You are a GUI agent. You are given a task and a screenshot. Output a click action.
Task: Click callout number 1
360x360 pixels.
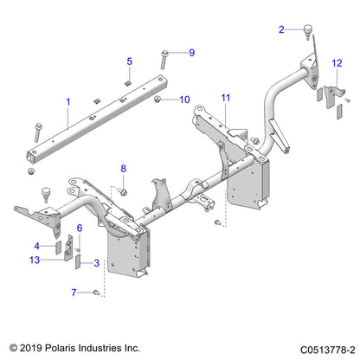coord(67,102)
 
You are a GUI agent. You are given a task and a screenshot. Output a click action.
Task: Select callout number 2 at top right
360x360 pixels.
coord(281,29)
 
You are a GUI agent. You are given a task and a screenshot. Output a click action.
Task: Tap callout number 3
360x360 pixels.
coord(97,263)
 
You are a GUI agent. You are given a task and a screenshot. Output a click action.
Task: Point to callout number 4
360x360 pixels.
coord(61,246)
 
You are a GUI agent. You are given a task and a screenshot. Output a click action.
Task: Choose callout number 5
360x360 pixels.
coord(130,61)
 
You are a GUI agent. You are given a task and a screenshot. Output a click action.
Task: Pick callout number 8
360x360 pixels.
coord(123,168)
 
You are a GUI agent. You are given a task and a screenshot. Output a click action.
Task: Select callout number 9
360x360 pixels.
coord(191,53)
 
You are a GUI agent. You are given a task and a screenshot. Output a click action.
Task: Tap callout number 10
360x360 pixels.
coord(184,100)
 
